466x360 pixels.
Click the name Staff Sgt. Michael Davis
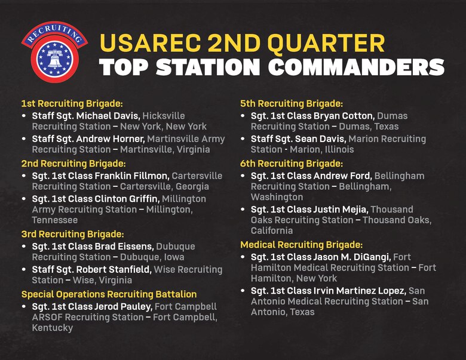click(86, 116)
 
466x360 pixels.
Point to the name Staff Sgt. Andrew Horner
click(89, 139)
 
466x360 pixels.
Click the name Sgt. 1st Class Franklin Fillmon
click(100, 176)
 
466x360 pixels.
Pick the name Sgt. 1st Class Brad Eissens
click(93, 247)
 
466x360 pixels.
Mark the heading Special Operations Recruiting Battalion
click(109, 294)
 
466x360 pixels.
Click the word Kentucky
click(53, 328)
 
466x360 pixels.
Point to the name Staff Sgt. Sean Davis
click(298, 139)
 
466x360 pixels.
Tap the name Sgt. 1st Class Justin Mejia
click(309, 210)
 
